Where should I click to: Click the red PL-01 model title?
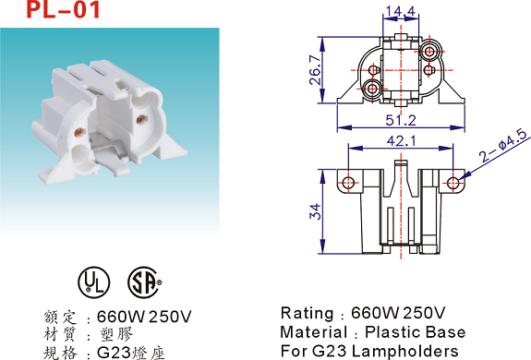pos(64,9)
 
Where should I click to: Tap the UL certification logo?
pos(94,282)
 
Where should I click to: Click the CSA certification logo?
pos(144,282)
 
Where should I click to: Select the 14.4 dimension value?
pos(400,11)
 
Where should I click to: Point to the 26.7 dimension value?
pos(315,70)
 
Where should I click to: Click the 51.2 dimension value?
pos(401,120)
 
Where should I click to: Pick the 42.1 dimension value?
pos(401,141)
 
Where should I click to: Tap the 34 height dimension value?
pos(315,211)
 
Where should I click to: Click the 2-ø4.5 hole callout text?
pos(503,145)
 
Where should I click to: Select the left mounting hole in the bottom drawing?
pos(348,183)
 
